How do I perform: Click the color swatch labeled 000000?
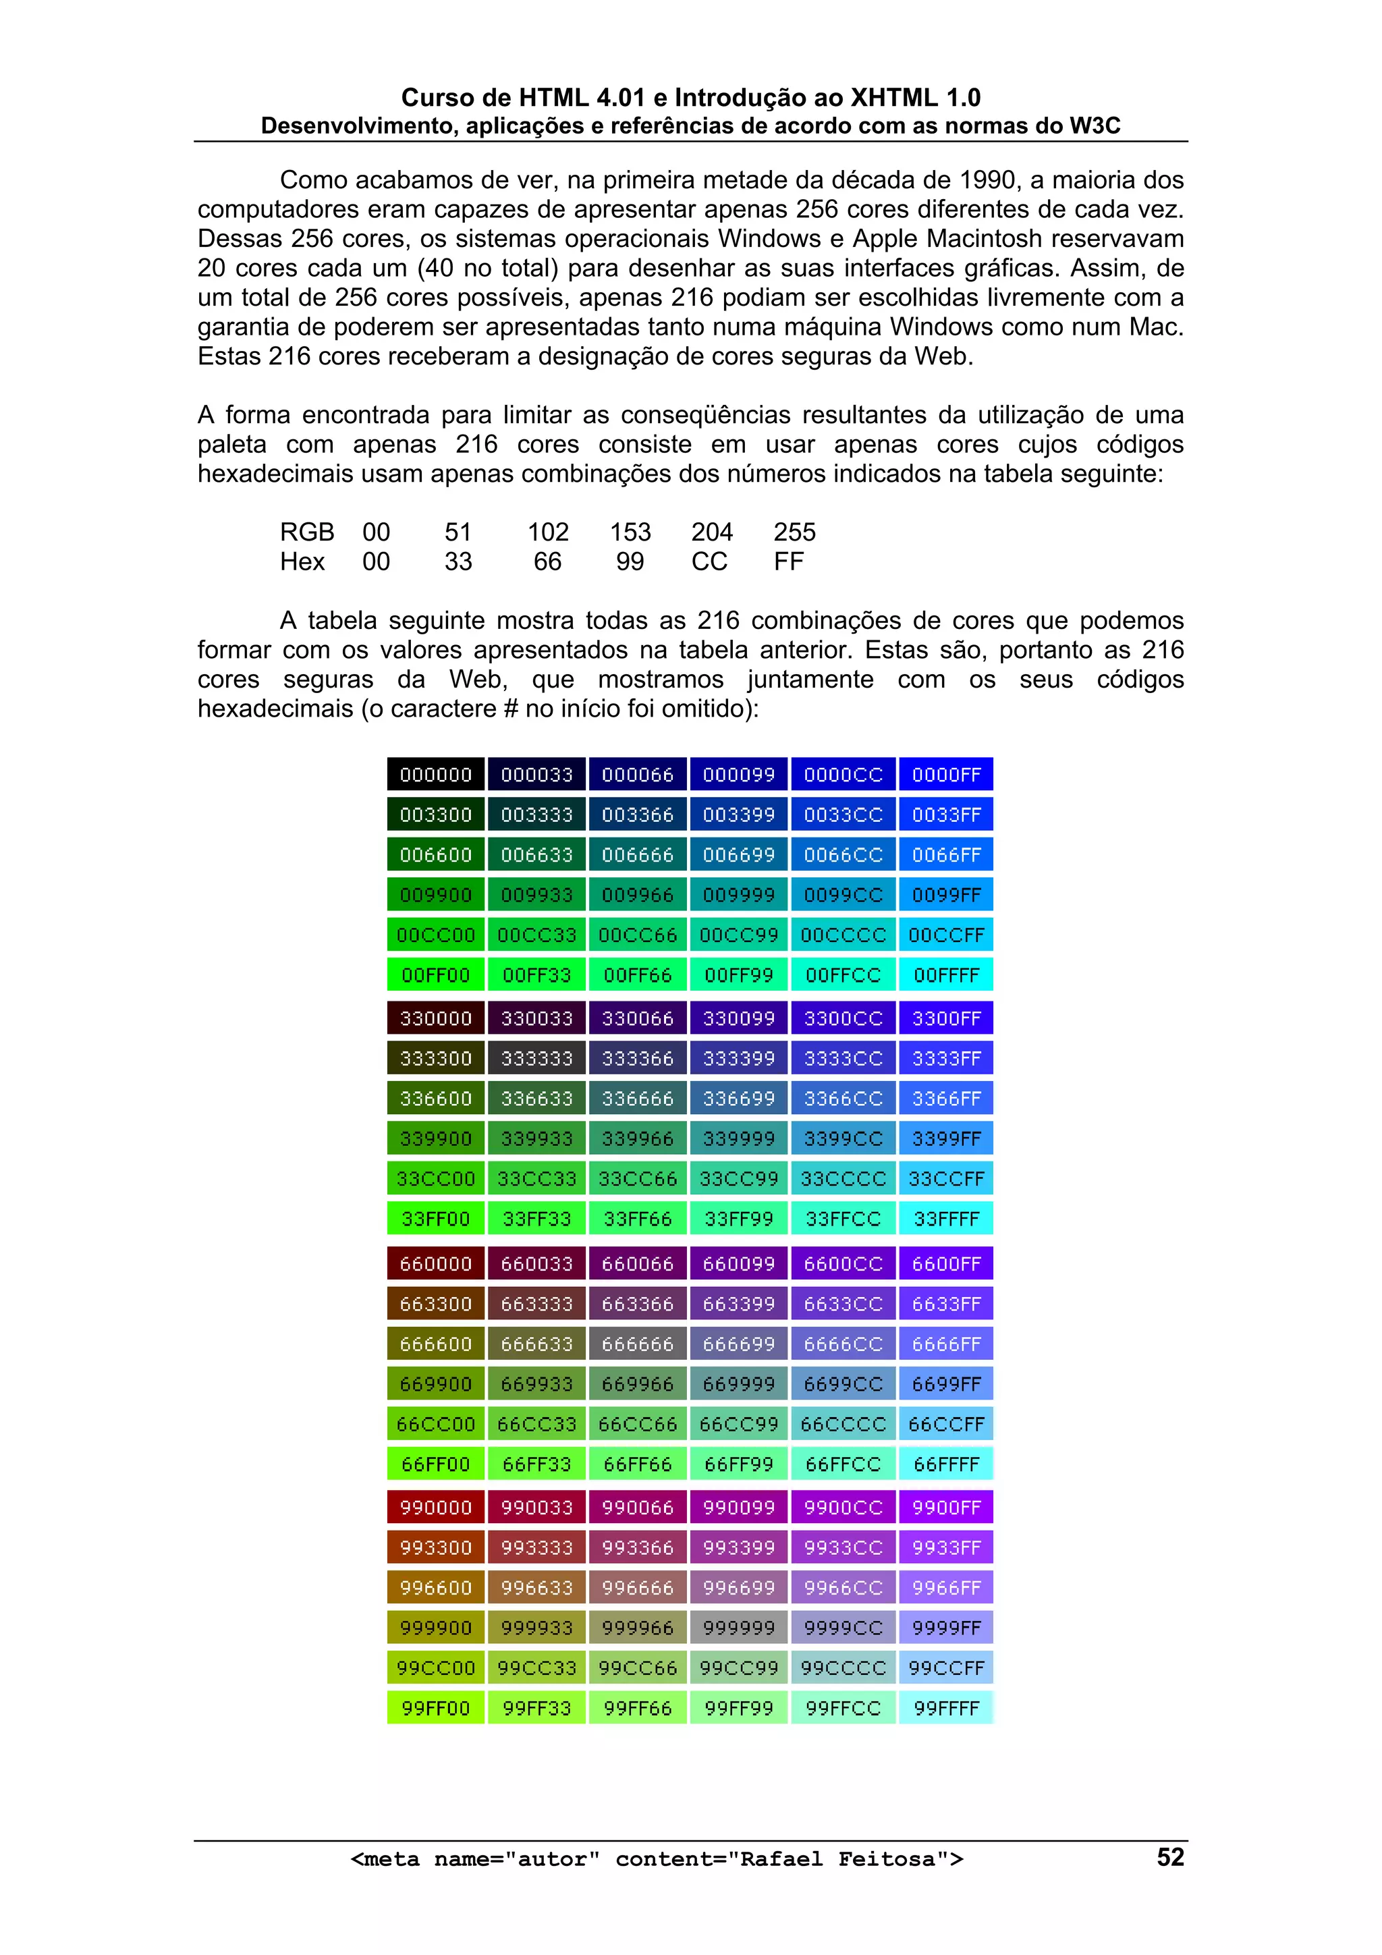[435, 774]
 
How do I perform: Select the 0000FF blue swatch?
[946, 774]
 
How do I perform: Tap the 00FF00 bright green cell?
[435, 975]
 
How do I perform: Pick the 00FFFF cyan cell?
[946, 975]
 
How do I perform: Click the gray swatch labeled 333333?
[536, 1058]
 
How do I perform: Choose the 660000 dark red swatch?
[435, 1263]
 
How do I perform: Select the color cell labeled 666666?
[637, 1344]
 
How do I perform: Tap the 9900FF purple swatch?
[946, 1507]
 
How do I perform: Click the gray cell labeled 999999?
[738, 1627]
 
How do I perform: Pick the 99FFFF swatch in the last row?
[946, 1707]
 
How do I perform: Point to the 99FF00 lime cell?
[435, 1707]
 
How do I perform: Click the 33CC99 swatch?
[738, 1178]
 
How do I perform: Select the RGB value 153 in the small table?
[630, 532]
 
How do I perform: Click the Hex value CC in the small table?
[709, 562]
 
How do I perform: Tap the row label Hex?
[302, 562]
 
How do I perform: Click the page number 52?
[1170, 1857]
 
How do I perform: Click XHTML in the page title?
[893, 98]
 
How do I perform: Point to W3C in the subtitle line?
[1095, 126]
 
